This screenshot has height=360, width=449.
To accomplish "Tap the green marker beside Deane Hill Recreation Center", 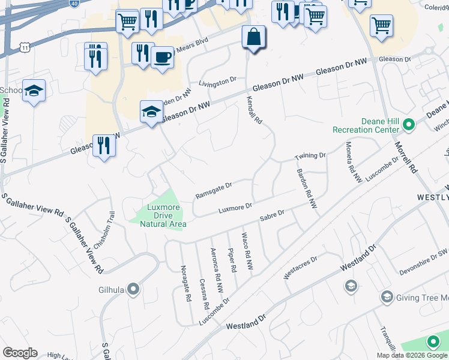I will (409, 125).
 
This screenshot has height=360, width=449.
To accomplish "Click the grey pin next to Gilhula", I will (133, 290).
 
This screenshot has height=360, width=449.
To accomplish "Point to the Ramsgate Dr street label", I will (213, 191).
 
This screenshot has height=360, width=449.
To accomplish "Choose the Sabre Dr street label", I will (272, 216).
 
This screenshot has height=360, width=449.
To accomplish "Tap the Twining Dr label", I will (310, 157).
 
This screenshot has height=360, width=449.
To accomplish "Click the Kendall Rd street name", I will (255, 111).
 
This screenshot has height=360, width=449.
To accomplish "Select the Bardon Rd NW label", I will (306, 188).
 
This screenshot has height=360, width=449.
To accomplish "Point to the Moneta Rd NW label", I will (354, 161).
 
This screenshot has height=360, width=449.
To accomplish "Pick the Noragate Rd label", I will (186, 284).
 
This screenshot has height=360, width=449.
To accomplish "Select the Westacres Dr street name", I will (300, 266).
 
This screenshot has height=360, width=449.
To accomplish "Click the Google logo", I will (20, 353).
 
